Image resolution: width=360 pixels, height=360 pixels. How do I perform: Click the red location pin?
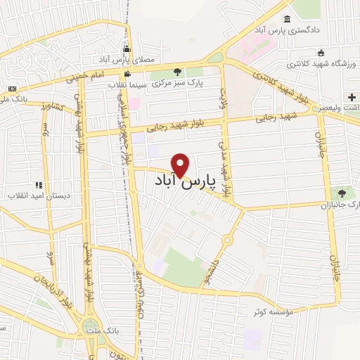[x=181, y=165]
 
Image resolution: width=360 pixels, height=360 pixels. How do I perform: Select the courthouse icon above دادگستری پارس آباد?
[x=287, y=19]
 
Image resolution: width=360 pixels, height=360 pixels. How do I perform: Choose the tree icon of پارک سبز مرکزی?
[x=177, y=71]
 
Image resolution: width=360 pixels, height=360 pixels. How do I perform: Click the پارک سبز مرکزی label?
[x=179, y=83]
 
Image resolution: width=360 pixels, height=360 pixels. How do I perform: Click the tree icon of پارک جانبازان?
[x=342, y=192]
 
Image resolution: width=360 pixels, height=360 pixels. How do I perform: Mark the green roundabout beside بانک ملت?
[x=89, y=326]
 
